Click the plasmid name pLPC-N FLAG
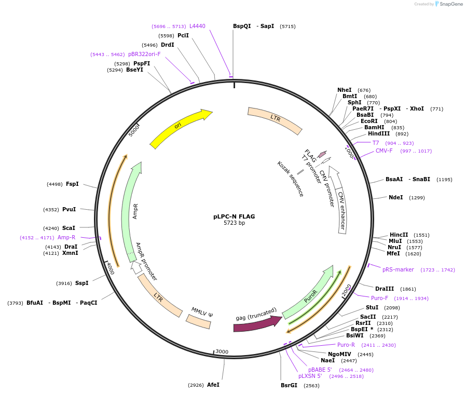234,216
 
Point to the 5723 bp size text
234,223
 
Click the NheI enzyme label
344,90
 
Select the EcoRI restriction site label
369,121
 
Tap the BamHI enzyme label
374,127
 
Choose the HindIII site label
378,133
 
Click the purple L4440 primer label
197,26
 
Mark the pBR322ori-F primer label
144,54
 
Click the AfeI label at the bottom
213,385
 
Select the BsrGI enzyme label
289,385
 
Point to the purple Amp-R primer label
66,237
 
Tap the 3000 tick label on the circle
222,351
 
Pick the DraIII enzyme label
385,289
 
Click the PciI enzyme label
183,35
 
